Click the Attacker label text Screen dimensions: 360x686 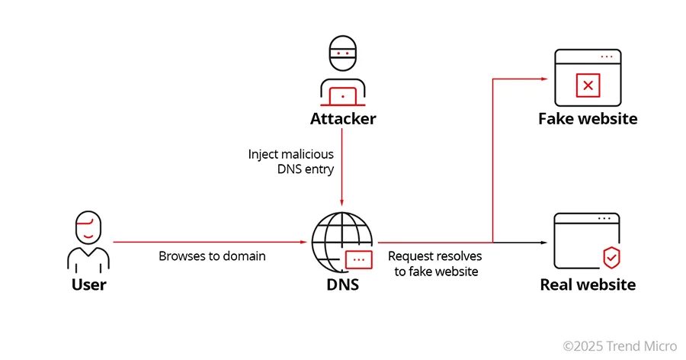(x=342, y=119)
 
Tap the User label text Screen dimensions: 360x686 (x=89, y=285)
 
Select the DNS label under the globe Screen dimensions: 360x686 (x=342, y=285)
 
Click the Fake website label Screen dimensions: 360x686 (x=588, y=119)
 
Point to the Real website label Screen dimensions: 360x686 (x=588, y=285)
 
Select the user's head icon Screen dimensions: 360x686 (x=89, y=228)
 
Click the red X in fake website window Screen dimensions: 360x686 (x=588, y=85)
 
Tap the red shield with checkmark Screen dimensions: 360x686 (x=611, y=258)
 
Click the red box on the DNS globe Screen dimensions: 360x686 (x=358, y=259)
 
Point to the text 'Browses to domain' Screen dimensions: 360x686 (x=212, y=256)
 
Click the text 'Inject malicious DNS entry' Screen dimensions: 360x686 (x=291, y=162)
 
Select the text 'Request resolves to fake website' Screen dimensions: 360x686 (x=435, y=263)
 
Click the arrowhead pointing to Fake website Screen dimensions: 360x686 (x=543, y=78)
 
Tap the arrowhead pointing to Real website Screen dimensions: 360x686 (x=543, y=243)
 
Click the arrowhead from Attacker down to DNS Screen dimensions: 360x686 (x=342, y=200)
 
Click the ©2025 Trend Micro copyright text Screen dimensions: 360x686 (x=620, y=346)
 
